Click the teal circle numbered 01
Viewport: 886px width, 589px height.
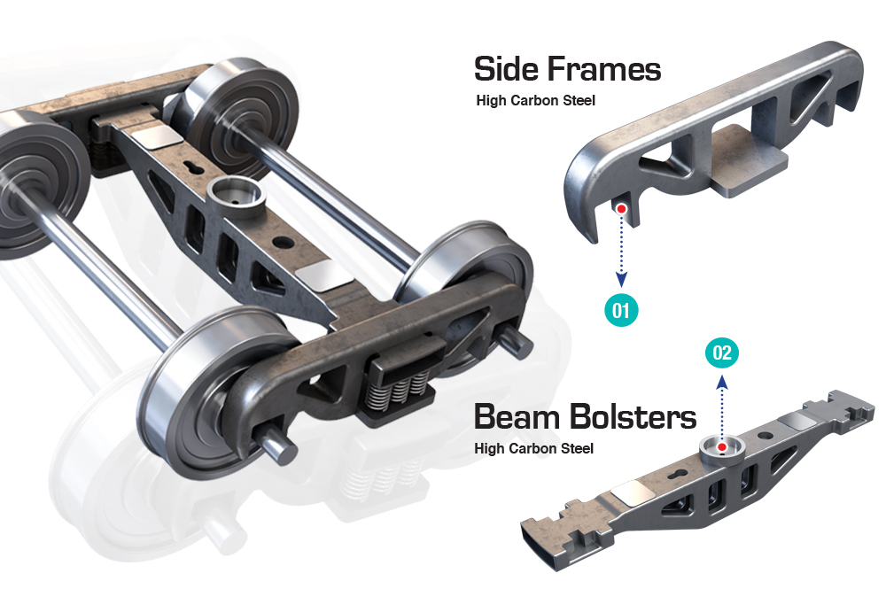pos(621,310)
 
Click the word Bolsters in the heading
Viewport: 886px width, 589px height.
pos(633,415)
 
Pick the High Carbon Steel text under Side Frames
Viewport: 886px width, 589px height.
pos(535,100)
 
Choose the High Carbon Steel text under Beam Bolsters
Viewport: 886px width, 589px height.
pos(533,448)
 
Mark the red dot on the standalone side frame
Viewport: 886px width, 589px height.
pos(621,208)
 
